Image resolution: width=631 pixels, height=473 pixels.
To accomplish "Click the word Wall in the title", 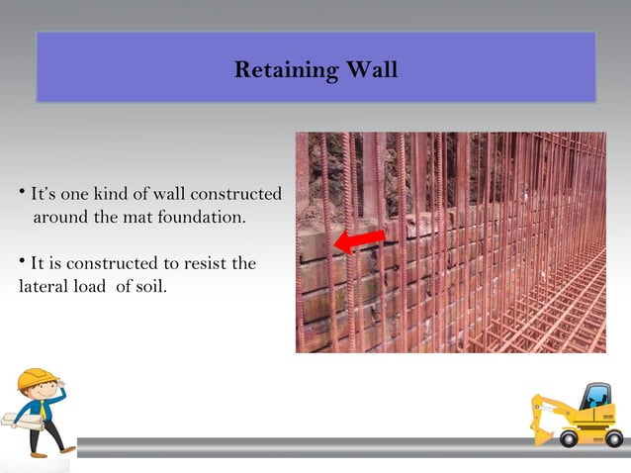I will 370,71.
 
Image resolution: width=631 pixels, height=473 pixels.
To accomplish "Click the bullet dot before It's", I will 21,188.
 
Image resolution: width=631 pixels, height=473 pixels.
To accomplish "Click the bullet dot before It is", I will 21,260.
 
